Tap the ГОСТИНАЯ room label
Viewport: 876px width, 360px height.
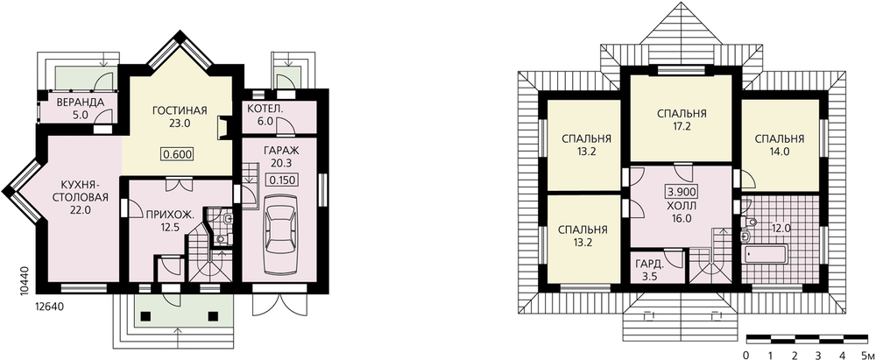click(180, 110)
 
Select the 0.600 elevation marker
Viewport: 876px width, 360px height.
click(178, 154)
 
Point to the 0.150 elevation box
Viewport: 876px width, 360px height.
click(281, 180)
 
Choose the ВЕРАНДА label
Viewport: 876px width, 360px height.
click(81, 102)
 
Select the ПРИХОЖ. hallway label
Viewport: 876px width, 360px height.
click(163, 214)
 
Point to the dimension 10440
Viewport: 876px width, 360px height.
click(23, 280)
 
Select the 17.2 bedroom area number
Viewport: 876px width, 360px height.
click(682, 127)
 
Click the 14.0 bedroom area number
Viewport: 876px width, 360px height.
click(779, 151)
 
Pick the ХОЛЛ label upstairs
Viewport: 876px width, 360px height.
click(680, 206)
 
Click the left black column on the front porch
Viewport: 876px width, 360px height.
click(145, 316)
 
